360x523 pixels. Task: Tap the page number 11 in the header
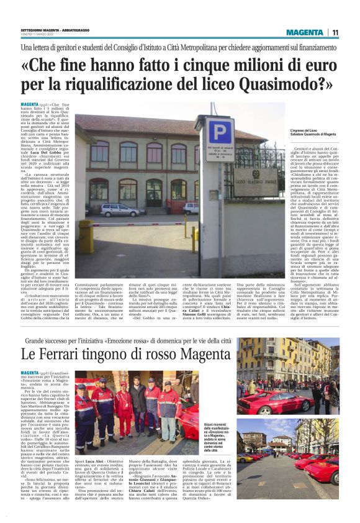[x=335, y=32]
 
